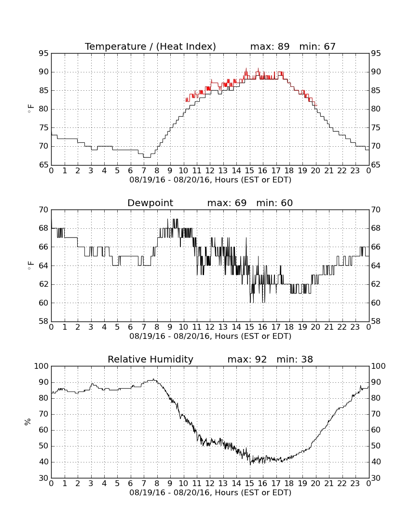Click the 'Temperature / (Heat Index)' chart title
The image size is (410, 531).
point(150,46)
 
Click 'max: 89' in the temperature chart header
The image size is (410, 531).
point(270,46)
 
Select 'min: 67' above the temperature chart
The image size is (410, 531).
point(317,46)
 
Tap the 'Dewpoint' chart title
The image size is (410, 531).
point(150,203)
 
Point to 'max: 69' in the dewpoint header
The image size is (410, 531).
point(227,203)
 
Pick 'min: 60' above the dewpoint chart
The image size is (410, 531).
point(274,203)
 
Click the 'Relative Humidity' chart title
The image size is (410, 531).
point(150,359)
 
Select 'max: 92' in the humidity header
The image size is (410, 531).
point(247,359)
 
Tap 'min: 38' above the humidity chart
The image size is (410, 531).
point(295,359)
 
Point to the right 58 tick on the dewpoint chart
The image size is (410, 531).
point(376,321)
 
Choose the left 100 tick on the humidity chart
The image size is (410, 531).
point(41,366)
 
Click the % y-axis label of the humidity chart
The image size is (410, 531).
point(27,422)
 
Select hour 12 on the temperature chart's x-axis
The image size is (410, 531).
point(210,171)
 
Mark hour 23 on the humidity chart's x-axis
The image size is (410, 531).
point(355,484)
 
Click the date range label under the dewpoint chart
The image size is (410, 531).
point(210,336)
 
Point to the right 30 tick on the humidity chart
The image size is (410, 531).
point(376,478)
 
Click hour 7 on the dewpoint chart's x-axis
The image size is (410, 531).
point(144,327)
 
